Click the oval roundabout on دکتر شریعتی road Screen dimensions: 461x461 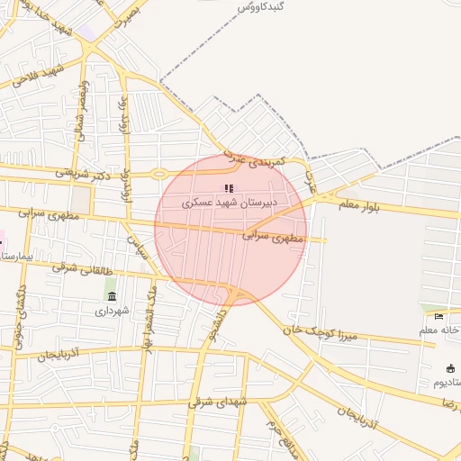coord(159,173)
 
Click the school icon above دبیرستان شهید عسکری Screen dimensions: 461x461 coord(229,188)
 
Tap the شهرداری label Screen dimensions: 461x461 coord(113,311)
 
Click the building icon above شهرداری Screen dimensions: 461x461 coord(112,296)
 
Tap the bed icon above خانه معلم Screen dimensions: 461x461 coord(438,316)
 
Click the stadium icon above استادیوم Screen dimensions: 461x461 coord(450,367)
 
